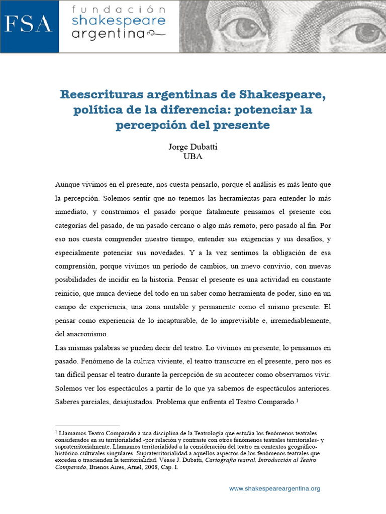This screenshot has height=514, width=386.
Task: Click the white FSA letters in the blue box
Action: click(29, 24)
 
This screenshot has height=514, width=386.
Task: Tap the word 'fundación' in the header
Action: click(118, 10)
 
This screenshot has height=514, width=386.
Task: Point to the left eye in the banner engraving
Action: click(245, 25)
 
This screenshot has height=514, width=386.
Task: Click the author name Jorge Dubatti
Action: click(193, 147)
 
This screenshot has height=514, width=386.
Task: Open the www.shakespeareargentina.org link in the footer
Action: click(274, 488)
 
